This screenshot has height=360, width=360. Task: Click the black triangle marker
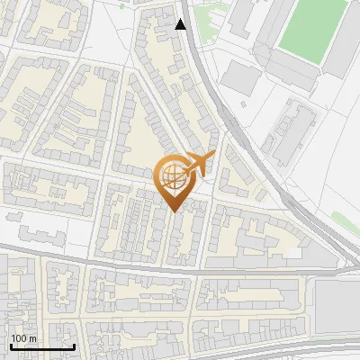[181, 24]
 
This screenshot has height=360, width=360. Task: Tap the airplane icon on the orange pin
[198, 163]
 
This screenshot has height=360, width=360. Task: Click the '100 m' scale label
[23, 337]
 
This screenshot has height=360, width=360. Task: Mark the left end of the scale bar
[11, 346]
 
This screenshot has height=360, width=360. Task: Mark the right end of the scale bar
[74, 346]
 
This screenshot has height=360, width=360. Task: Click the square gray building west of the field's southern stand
[238, 76]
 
